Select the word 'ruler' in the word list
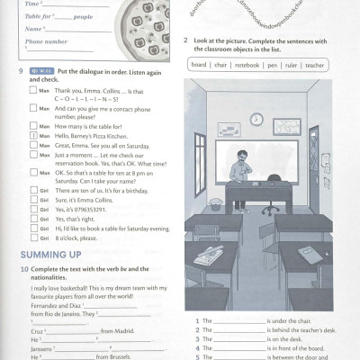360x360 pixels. pos(292,66)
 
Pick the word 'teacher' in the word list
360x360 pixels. pos(314,66)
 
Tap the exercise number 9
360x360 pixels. pos(20,70)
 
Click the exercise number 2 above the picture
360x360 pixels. pos(184,40)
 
